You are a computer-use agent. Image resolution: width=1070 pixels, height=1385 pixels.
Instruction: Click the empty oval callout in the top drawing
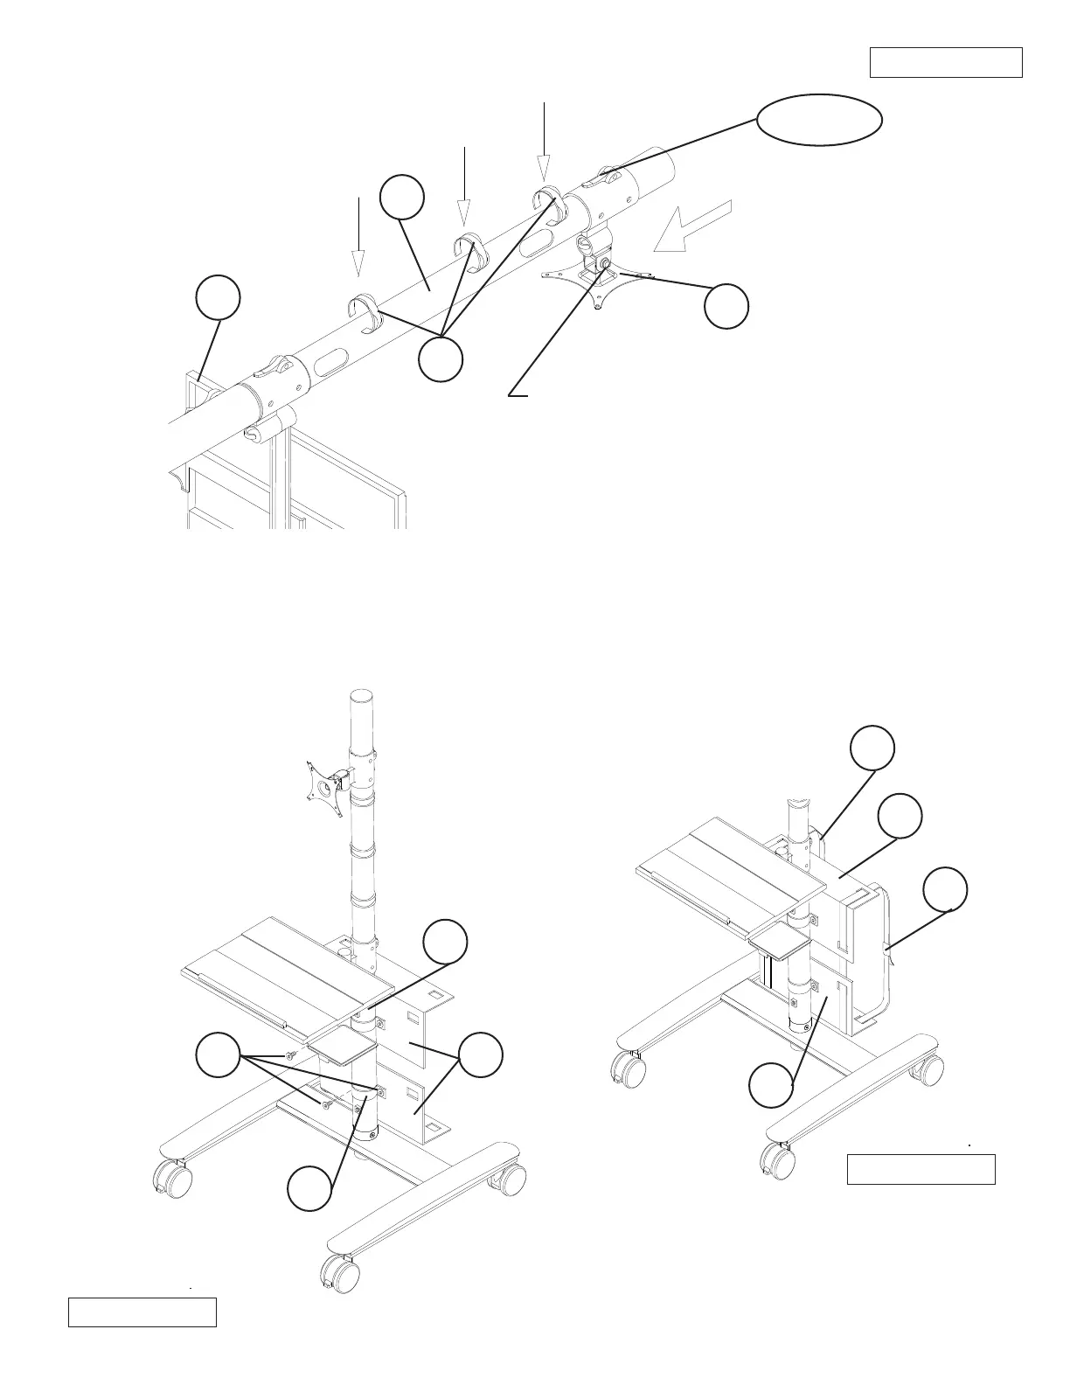pyautogui.click(x=818, y=119)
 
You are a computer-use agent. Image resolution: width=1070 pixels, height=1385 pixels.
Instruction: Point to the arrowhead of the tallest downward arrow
pyautogui.click(x=544, y=169)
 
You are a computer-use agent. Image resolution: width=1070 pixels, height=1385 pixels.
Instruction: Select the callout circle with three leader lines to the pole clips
pyautogui.click(x=440, y=359)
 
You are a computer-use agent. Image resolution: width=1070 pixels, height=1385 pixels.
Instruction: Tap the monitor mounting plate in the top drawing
pyautogui.click(x=599, y=282)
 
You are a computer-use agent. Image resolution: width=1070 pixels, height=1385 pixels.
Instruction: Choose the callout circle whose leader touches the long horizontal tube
pyautogui.click(x=402, y=198)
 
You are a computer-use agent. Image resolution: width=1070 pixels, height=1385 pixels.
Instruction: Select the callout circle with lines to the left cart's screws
pyautogui.click(x=218, y=1055)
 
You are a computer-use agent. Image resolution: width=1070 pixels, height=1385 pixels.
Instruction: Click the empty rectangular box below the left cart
pyautogui.click(x=142, y=1312)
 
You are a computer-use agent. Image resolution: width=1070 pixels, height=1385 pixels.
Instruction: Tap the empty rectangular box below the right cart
pyautogui.click(x=921, y=1169)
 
